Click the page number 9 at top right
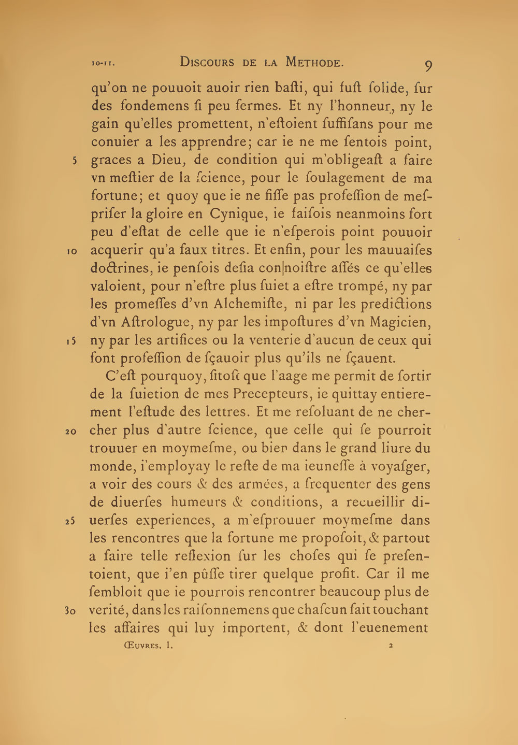pos(428,66)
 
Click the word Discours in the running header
pos(209,63)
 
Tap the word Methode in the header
pos(312,63)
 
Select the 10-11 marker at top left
pos(103,64)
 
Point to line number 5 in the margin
pos(75,160)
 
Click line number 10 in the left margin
pos(72,251)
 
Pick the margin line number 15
pos(72,341)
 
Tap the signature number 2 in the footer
pos(391,646)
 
